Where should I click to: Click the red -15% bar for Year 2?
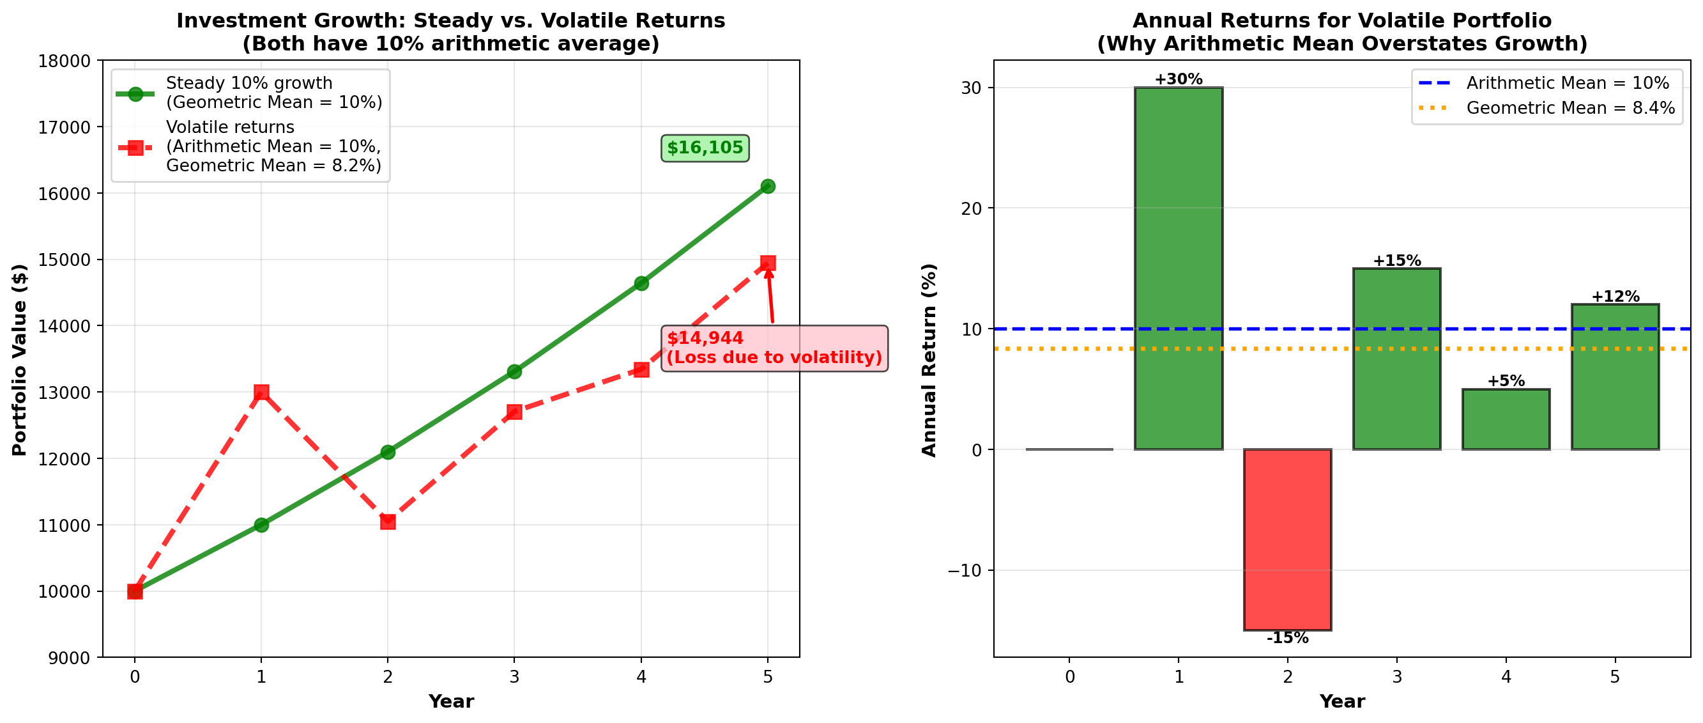pos(1287,539)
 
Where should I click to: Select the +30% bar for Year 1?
pos(1178,268)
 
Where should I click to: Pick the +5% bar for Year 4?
pos(1506,419)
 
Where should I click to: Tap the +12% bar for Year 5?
pos(1614,377)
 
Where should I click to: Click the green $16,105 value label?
pos(705,148)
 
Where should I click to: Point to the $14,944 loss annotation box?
pos(774,348)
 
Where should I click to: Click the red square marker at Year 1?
pos(261,393)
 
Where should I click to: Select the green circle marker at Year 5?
pos(768,187)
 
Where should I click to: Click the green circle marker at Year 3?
pos(514,371)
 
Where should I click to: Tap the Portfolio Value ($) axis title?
pos(20,360)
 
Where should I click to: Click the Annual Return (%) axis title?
pos(929,360)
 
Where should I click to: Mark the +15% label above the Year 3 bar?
pos(1396,261)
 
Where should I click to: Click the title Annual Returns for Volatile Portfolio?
pos(1341,20)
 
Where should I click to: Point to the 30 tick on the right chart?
pos(971,88)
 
